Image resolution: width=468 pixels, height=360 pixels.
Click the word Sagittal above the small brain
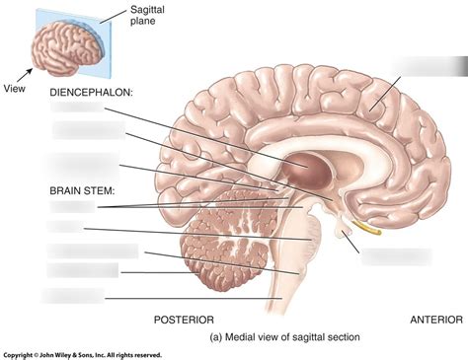[x=147, y=11]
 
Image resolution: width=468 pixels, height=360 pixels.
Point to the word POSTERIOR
[x=186, y=319]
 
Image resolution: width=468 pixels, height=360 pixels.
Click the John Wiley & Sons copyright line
[x=81, y=354]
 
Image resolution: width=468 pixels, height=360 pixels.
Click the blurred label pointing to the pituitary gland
[x=397, y=255]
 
